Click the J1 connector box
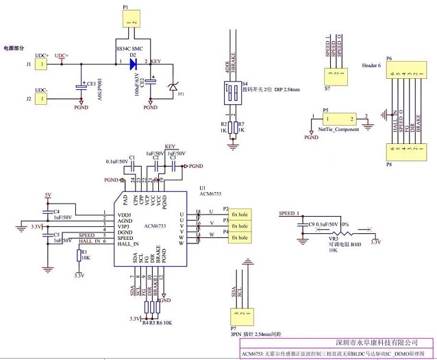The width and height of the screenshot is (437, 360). pyautogui.click(x=42, y=64)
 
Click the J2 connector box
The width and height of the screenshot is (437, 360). pyautogui.click(x=42, y=98)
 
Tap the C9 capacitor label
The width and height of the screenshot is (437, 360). pyautogui.click(x=312, y=224)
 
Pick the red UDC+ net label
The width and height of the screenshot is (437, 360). pyautogui.click(x=62, y=56)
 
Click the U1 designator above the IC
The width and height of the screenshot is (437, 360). pyautogui.click(x=202, y=187)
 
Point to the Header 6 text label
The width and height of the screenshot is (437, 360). pyautogui.click(x=369, y=64)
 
